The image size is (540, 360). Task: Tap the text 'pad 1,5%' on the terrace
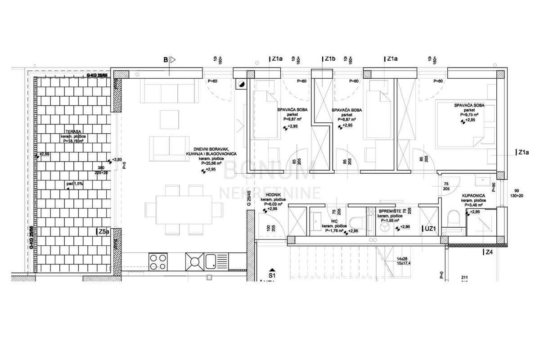click(x=72, y=184)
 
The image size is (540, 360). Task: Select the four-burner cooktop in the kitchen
click(x=158, y=261)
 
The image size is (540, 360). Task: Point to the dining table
click(x=184, y=210)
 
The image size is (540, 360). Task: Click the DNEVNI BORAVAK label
click(x=208, y=149)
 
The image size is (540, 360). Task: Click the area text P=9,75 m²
click(x=469, y=115)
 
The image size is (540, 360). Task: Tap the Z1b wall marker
click(x=330, y=59)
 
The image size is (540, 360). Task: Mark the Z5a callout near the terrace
click(x=103, y=232)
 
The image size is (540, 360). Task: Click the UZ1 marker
click(x=430, y=229)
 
